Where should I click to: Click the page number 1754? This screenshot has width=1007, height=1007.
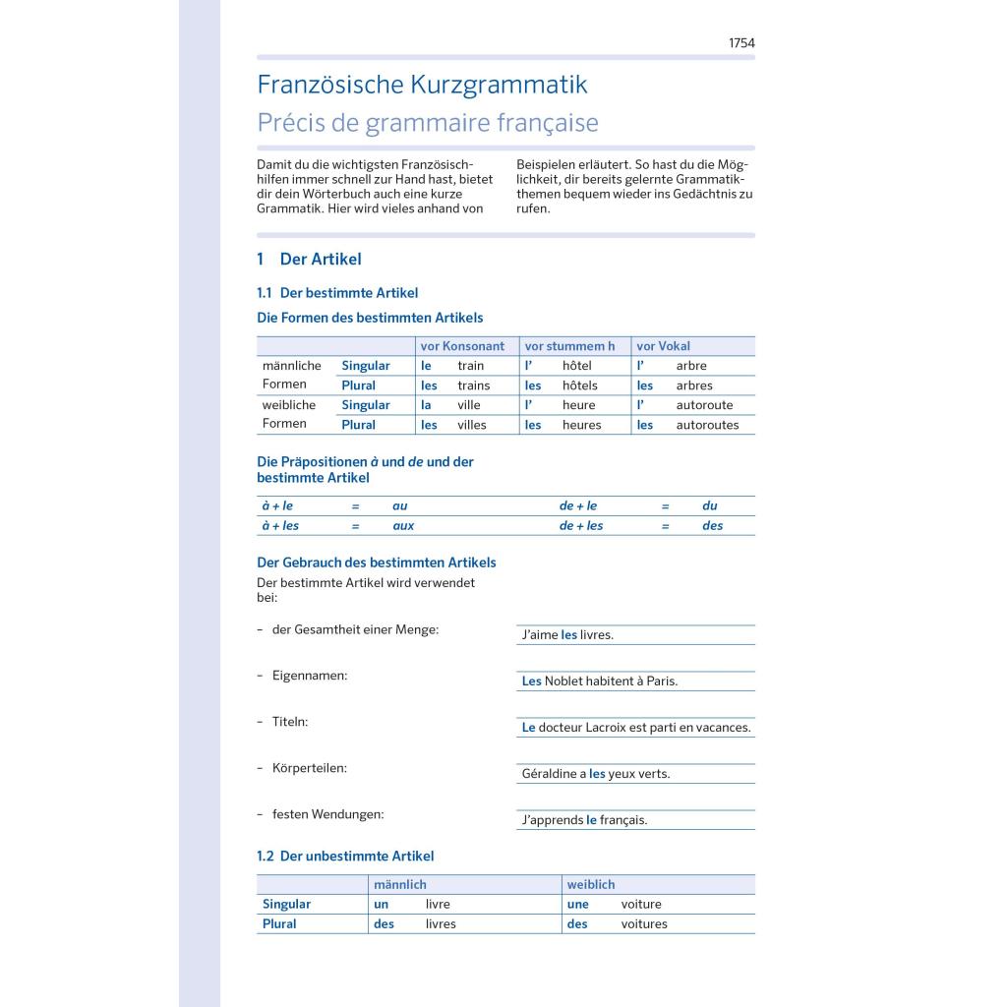[x=740, y=43]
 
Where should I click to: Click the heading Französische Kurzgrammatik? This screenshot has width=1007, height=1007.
[x=422, y=85]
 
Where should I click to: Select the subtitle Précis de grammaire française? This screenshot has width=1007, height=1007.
[x=427, y=124]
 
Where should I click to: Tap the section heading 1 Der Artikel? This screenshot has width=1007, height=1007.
[x=309, y=260]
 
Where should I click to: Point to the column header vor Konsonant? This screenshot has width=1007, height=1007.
[x=462, y=346]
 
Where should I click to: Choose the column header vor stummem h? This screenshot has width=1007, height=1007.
[x=569, y=346]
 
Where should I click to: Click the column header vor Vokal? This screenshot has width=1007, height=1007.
[x=663, y=346]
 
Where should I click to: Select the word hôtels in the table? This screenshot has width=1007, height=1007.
[x=582, y=385]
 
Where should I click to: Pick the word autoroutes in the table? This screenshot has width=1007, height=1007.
[x=707, y=425]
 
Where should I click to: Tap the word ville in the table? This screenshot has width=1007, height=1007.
[x=469, y=405]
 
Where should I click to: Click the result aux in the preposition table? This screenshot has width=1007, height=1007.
[x=403, y=526]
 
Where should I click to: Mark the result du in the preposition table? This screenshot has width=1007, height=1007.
[x=710, y=506]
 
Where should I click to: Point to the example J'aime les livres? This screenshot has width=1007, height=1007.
[x=567, y=635]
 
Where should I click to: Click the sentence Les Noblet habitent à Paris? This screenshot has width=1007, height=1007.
[x=599, y=681]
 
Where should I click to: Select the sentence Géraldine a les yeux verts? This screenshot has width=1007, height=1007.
[x=595, y=774]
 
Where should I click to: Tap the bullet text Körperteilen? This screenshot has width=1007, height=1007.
[x=309, y=768]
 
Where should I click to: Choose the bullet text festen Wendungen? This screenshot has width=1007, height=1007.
[x=327, y=814]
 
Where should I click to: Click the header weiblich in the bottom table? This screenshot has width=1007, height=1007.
[x=590, y=885]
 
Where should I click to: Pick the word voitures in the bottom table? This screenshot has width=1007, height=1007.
[x=644, y=924]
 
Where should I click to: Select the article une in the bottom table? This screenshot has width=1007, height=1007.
[x=578, y=905]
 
